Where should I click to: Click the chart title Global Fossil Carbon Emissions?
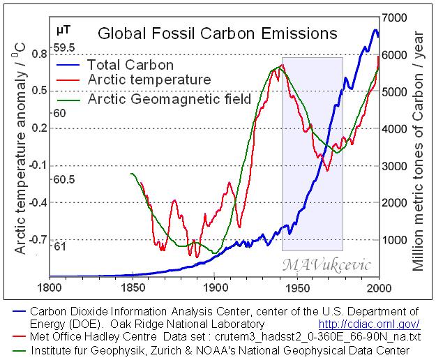216,33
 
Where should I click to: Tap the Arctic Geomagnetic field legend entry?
169,99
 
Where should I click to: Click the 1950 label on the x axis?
298,287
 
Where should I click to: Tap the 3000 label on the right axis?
398,165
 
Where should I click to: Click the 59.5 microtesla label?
64,47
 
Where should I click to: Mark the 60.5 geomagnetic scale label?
64,179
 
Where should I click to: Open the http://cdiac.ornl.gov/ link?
368,324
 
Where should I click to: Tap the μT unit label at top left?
63,30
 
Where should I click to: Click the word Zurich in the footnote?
167,349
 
